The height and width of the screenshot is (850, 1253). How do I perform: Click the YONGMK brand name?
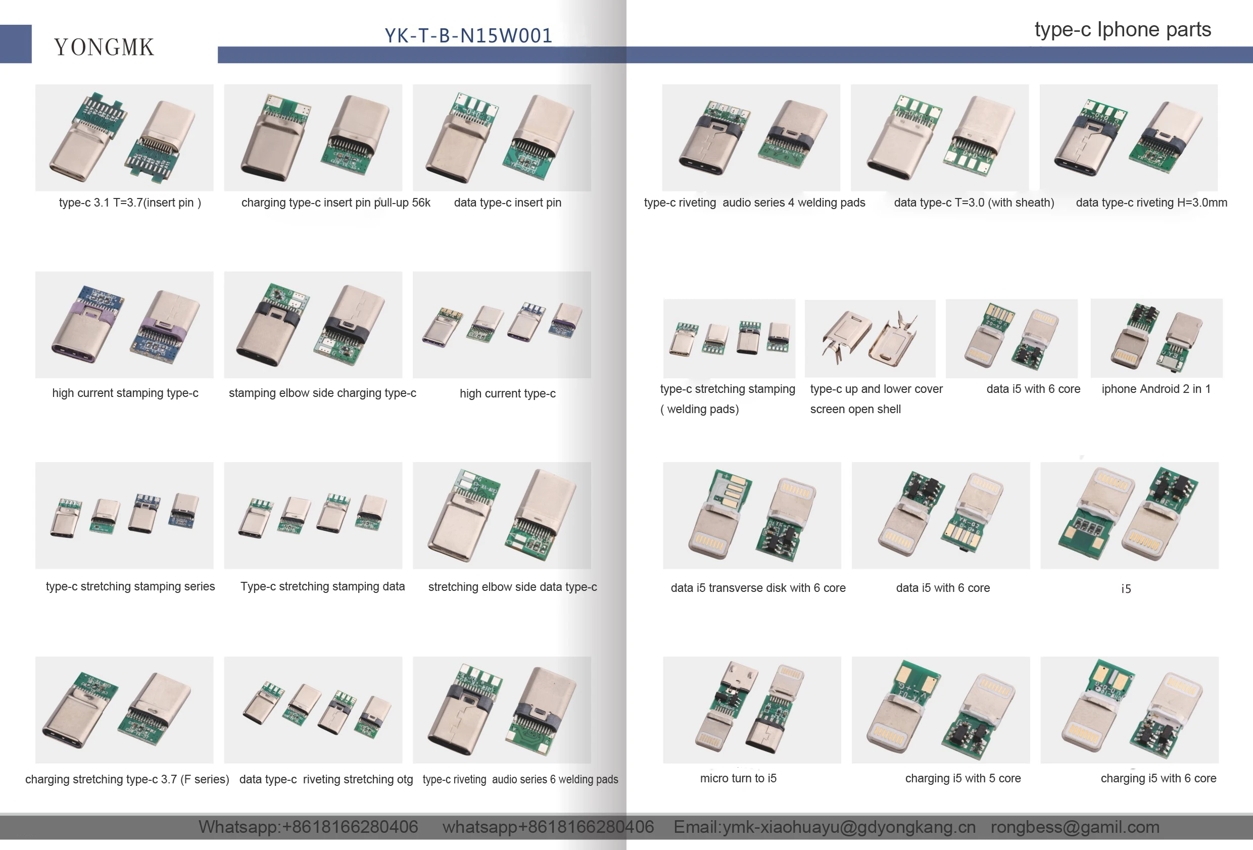[104, 47]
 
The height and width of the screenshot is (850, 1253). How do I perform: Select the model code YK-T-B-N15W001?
[468, 35]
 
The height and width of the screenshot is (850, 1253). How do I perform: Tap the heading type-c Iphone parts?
[1123, 29]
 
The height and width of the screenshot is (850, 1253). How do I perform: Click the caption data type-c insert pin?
[507, 203]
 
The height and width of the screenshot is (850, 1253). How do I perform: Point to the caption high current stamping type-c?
[125, 393]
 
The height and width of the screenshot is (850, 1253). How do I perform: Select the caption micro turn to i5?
[738, 778]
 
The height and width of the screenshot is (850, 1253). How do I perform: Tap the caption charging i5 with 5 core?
[963, 778]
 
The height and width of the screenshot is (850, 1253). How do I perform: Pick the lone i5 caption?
[1126, 588]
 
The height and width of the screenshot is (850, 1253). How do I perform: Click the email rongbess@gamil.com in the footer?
[1075, 827]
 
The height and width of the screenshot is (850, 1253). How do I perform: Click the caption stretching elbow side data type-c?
[512, 587]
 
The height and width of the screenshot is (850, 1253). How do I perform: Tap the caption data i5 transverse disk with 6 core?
[757, 588]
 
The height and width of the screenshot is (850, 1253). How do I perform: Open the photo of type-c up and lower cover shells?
[870, 338]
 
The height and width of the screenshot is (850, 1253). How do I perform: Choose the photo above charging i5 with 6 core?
[1129, 709]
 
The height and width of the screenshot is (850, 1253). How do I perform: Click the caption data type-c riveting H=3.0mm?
[1151, 203]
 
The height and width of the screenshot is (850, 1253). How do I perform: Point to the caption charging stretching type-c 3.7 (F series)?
[127, 779]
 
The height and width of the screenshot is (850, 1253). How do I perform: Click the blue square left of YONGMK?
[16, 43]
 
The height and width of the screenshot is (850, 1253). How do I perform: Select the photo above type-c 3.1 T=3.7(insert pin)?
[124, 137]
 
